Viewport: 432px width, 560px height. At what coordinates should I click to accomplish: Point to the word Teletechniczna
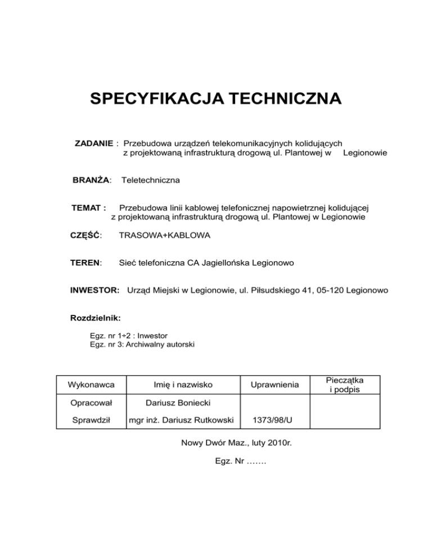click(x=151, y=180)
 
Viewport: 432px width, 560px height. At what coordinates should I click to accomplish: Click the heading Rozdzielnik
click(x=92, y=318)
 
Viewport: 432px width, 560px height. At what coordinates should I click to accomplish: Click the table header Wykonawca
click(x=91, y=385)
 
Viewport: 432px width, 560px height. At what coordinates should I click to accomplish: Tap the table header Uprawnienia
click(x=275, y=385)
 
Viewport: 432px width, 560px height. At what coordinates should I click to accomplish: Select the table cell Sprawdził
click(x=91, y=420)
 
